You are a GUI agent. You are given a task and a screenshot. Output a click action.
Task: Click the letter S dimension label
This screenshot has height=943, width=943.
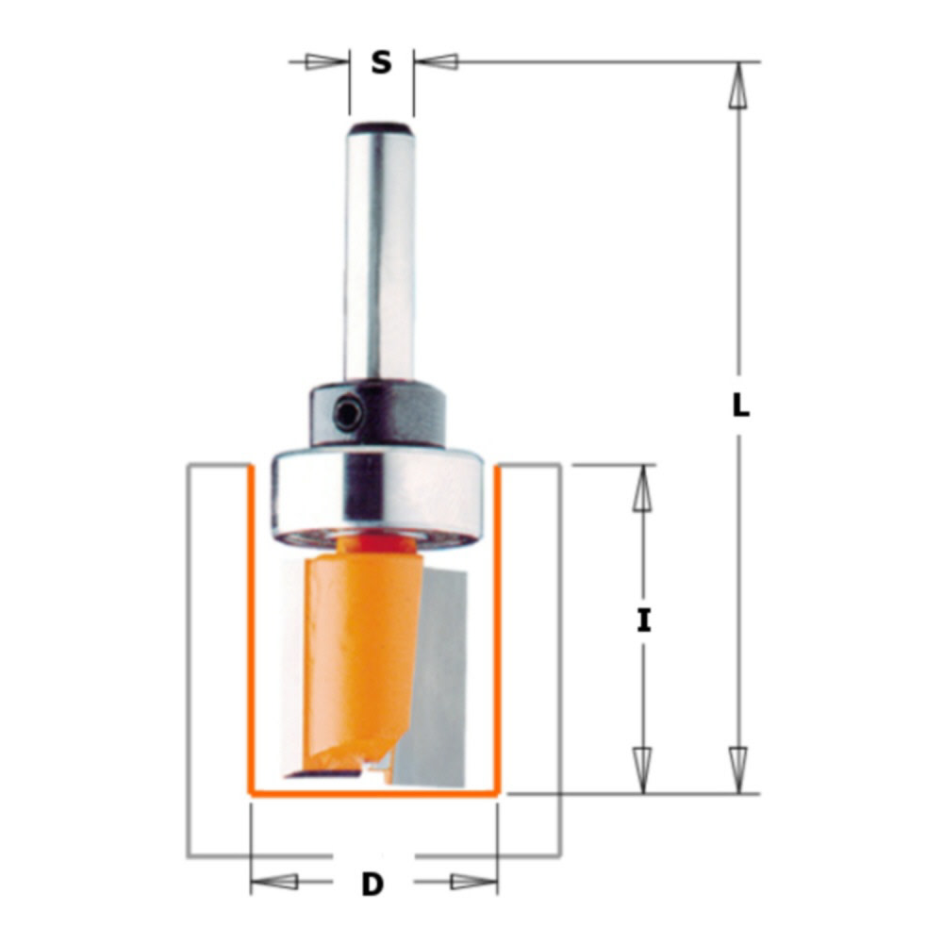(380, 63)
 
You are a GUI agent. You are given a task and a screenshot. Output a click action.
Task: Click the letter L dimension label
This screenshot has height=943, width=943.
(741, 406)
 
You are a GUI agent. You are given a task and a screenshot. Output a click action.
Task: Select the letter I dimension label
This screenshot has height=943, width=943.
(644, 621)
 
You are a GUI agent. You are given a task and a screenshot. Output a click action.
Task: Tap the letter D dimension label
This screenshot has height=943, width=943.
(373, 884)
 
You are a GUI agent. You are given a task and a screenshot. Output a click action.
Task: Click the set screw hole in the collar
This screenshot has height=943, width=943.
(348, 413)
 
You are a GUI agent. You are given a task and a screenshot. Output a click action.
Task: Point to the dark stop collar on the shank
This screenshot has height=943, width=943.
(396, 415)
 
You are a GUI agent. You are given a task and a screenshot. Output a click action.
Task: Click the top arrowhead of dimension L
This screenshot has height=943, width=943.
(739, 90)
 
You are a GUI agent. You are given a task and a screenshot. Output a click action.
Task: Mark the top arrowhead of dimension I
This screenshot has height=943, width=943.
(643, 490)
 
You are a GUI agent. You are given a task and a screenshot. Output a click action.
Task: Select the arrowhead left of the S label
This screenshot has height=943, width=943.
(326, 62)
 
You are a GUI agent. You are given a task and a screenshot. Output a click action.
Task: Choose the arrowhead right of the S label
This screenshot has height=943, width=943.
(436, 62)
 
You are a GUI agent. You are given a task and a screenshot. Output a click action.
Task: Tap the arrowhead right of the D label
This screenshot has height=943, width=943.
(471, 883)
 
